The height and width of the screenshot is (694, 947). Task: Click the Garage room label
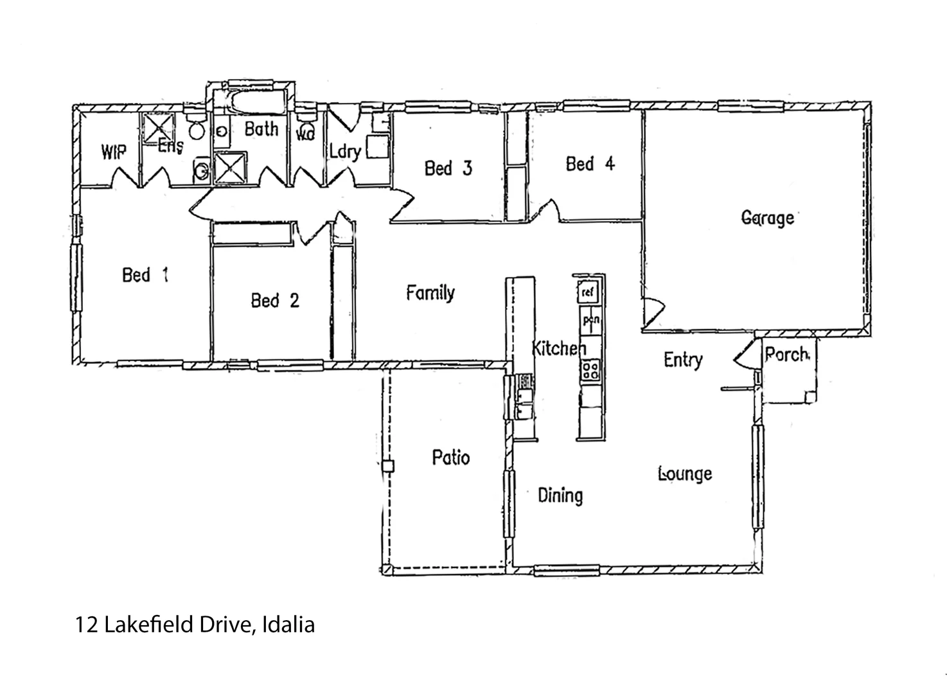tap(768, 218)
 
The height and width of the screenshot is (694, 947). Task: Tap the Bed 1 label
tap(145, 275)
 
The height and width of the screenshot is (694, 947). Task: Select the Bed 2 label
tap(275, 300)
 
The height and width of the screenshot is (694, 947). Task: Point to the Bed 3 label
tap(448, 168)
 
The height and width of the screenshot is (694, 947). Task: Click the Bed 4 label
tap(590, 164)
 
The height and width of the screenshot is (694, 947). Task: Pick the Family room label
tap(430, 293)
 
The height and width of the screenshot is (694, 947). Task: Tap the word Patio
tap(450, 458)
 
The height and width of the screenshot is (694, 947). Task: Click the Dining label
tap(560, 495)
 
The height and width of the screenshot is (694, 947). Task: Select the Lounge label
tap(685, 474)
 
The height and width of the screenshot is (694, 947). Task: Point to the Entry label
tap(683, 359)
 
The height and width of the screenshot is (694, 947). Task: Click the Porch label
tap(787, 354)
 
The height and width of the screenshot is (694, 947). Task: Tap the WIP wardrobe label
tap(114, 152)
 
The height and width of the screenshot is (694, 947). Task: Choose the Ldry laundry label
tap(345, 152)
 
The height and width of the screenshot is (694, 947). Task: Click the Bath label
tap(261, 129)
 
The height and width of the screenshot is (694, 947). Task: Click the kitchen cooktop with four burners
tap(590, 369)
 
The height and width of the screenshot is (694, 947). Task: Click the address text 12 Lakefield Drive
tap(195, 625)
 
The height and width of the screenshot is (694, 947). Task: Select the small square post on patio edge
tap(387, 467)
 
